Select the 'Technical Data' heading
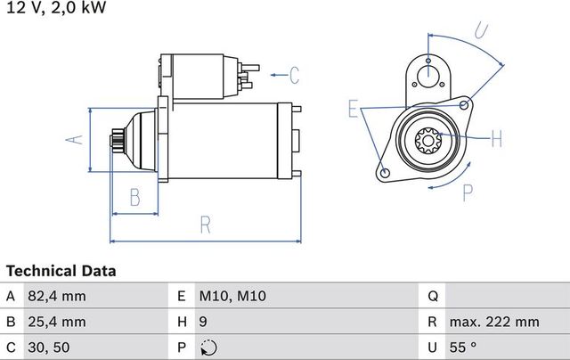pos(61,270)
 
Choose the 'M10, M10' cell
pos(233,296)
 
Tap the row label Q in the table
pos(433,296)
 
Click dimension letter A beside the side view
pos(77,138)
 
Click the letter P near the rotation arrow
pos(466,190)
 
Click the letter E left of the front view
pos(354,110)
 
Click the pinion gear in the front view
pos(428,139)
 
